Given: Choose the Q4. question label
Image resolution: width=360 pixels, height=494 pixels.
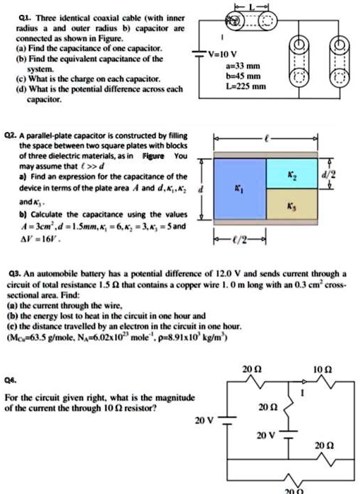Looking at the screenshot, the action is [x=9, y=378].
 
